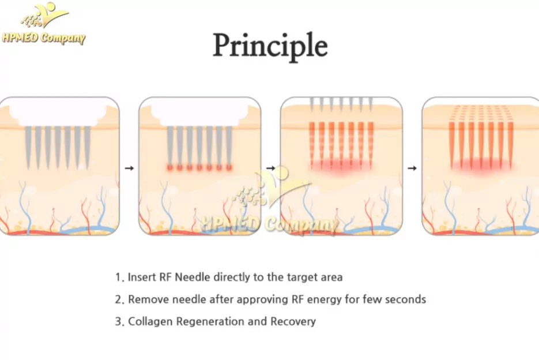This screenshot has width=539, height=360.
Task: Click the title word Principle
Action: point(270,46)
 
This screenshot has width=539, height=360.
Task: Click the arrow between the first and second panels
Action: point(129,168)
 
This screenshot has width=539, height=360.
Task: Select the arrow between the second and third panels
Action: point(270,168)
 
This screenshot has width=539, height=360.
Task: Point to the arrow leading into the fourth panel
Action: point(412,168)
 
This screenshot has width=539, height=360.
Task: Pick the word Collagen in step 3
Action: point(149,321)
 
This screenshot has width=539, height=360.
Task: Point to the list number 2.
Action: point(119,299)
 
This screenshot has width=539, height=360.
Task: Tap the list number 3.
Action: point(119,321)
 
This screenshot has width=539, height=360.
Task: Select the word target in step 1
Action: point(301,277)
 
